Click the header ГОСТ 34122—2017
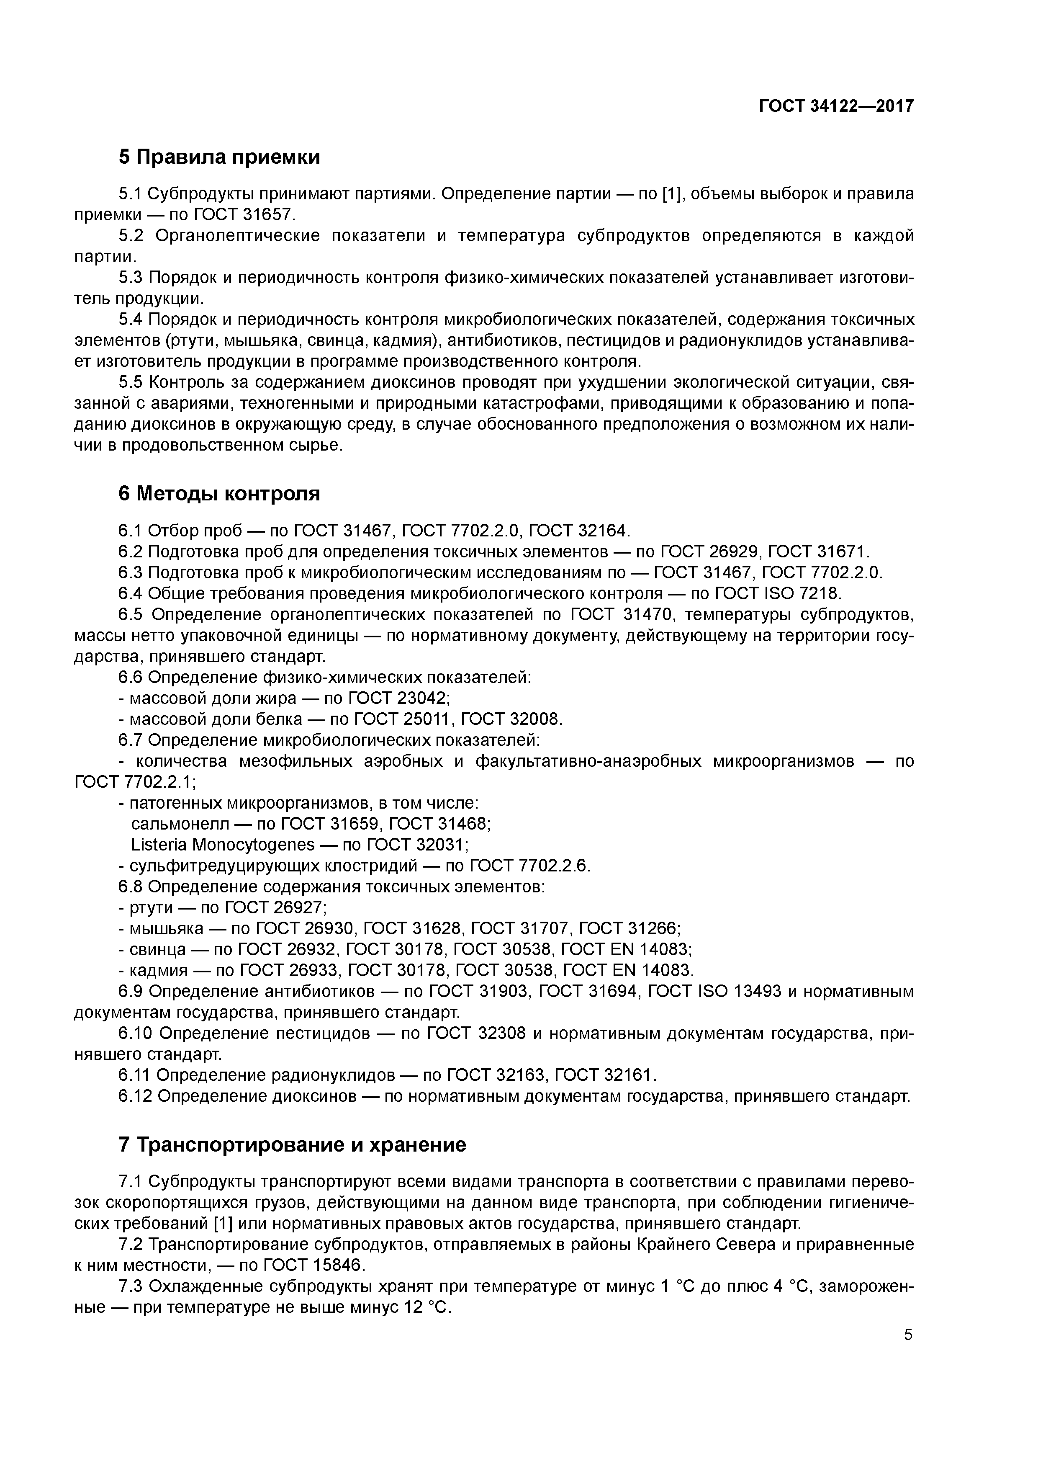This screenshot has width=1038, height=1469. tap(836, 106)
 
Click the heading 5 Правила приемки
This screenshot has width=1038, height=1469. tap(219, 157)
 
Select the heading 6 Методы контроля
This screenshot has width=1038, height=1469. tap(219, 494)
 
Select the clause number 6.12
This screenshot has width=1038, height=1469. tap(135, 1096)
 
